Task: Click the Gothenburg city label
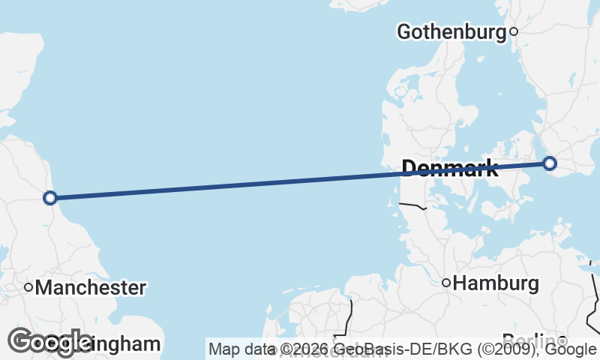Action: tap(451, 31)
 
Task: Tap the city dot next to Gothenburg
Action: tap(514, 31)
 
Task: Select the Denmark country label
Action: tap(450, 168)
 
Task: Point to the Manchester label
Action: tap(90, 287)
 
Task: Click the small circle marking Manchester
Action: tap(28, 286)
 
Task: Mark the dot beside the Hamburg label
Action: tap(446, 283)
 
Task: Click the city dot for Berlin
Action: tap(561, 340)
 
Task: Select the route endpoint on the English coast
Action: tap(50, 198)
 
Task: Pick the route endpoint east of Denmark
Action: tap(550, 163)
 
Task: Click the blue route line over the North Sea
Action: tap(225, 186)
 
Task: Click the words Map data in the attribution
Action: tap(239, 349)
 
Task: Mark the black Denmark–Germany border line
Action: tap(412, 204)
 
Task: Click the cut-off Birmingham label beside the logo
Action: tap(124, 344)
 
